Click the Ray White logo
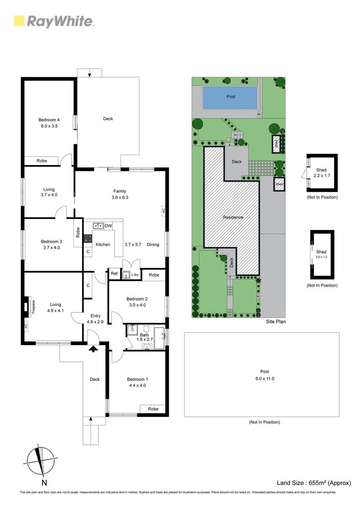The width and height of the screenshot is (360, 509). [54, 21]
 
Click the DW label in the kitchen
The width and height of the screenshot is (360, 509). [108, 226]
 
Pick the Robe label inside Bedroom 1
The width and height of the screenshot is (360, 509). [153, 409]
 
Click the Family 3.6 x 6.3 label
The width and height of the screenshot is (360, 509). [120, 194]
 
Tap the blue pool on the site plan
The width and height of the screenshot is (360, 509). [230, 97]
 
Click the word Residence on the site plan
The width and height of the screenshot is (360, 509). [233, 217]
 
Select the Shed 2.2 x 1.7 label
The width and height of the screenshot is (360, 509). [321, 173]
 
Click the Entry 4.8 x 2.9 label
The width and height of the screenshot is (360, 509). [96, 319]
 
